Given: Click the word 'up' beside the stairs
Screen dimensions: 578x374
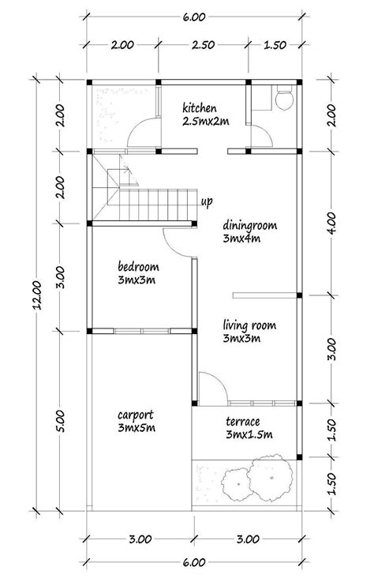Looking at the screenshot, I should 207,203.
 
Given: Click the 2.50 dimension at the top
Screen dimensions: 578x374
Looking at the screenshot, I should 203,46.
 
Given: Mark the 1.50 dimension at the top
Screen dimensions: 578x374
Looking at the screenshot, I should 275,46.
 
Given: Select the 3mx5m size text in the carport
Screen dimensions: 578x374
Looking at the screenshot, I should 136,428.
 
